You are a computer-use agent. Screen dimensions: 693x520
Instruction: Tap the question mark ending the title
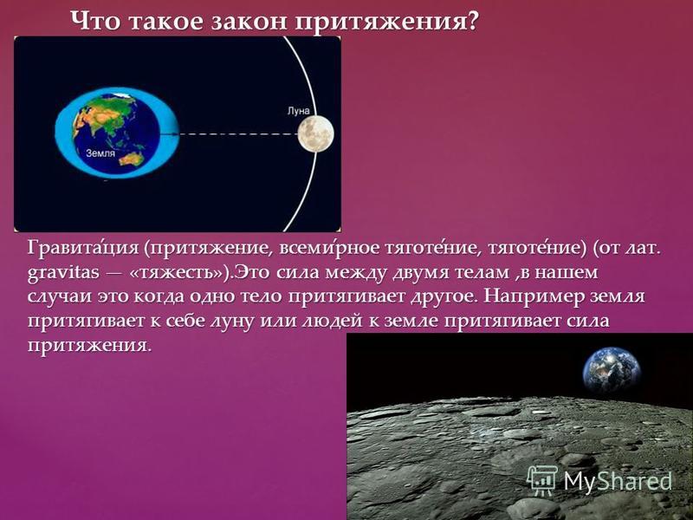pos(471,20)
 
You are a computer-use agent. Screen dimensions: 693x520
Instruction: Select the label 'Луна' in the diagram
pos(298,111)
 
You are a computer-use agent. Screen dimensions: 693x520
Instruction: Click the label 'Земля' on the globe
pos(100,153)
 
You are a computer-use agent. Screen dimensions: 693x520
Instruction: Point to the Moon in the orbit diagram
pos(315,133)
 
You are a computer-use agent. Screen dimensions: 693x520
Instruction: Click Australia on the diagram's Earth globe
pos(133,158)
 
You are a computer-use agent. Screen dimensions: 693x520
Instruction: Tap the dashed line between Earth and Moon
pos(237,133)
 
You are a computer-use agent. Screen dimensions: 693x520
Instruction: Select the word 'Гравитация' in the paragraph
pos(83,248)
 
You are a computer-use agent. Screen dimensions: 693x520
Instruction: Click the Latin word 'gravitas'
pos(63,273)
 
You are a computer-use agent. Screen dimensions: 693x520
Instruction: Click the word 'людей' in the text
pos(331,321)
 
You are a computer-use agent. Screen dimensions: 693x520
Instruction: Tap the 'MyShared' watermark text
pos(618,481)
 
